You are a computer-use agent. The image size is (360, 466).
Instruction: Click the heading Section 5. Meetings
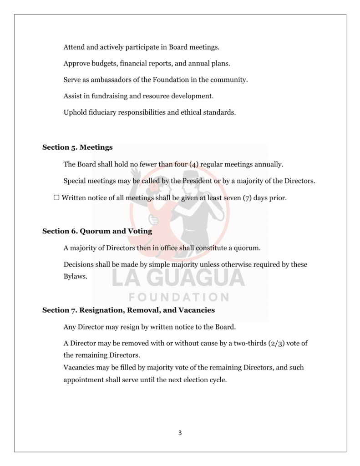(77, 147)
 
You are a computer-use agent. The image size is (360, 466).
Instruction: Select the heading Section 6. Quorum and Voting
(97, 231)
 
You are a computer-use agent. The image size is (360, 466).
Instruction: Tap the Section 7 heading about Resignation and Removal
(128, 310)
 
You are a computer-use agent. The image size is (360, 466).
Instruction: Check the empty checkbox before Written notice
(56, 198)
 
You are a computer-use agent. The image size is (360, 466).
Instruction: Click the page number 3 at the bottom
(180, 433)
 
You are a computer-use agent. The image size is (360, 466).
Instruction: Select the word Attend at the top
(73, 47)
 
